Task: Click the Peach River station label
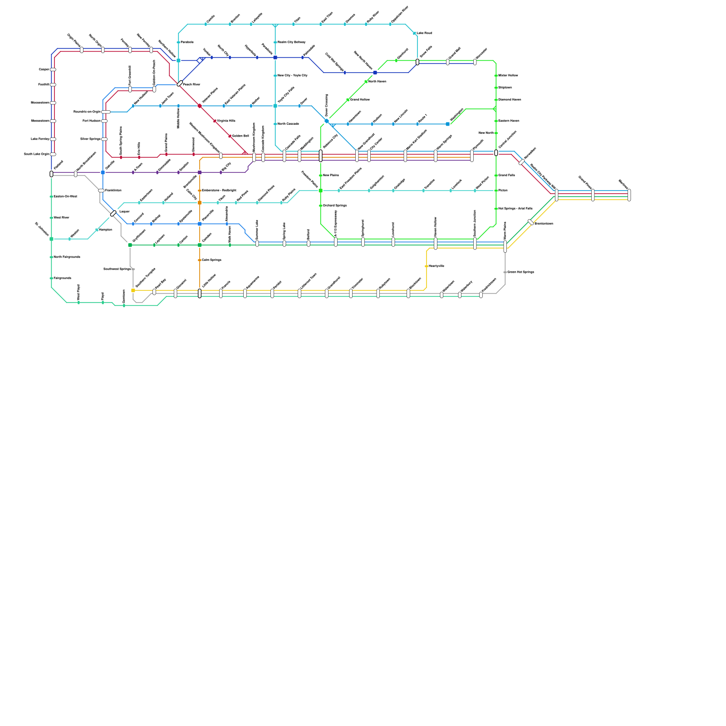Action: pyautogui.click(x=191, y=85)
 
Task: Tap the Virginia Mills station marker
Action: pyautogui.click(x=215, y=121)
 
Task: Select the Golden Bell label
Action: pyautogui.click(x=240, y=136)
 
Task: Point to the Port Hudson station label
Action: pyautogui.click(x=92, y=121)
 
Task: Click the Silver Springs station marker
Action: pyautogui.click(x=104, y=139)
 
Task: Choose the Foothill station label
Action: pyautogui.click(x=44, y=85)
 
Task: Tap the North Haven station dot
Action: pyautogui.click(x=366, y=82)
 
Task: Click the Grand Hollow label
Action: pyautogui.click(x=360, y=100)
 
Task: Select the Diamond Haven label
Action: pyautogui.click(x=510, y=100)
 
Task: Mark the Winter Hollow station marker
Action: pyautogui.click(x=496, y=76)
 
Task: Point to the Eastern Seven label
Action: pyautogui.click(x=509, y=121)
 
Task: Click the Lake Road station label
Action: pyautogui.click(x=424, y=33)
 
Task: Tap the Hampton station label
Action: pyautogui.click(x=105, y=230)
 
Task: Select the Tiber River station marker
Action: pyautogui.click(x=51, y=218)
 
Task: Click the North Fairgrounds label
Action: pyautogui.click(x=67, y=257)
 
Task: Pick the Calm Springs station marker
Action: pyautogui.click(x=200, y=260)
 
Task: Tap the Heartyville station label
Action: pyautogui.click(x=437, y=266)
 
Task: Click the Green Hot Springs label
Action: pyautogui.click(x=520, y=272)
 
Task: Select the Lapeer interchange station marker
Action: pyautogui.click(x=113, y=213)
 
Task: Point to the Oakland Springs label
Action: pyautogui.click(x=335, y=206)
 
